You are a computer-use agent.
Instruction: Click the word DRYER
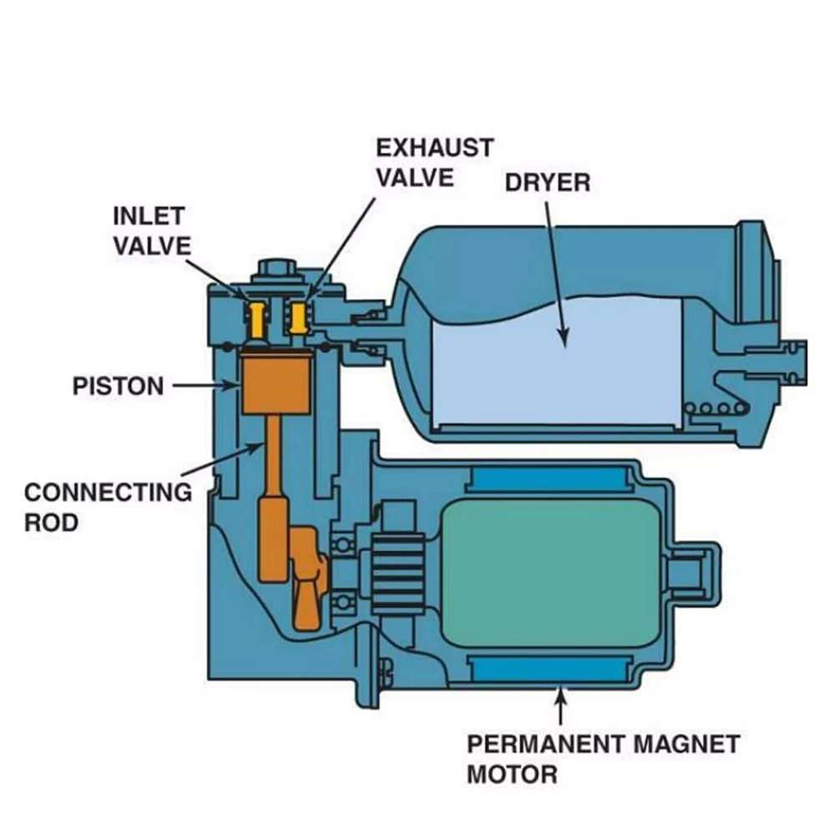[547, 182]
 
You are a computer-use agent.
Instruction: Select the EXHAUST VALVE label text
[433, 162]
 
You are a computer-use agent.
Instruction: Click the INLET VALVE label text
[151, 230]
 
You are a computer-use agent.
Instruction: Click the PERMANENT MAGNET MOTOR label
[602, 758]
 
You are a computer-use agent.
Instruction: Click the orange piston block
[276, 381]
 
